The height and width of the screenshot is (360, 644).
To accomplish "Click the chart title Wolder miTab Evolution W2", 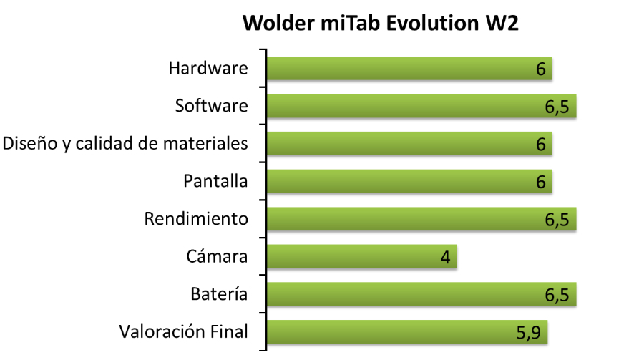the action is click(381, 23).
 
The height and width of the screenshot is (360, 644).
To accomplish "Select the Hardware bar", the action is click(409, 68).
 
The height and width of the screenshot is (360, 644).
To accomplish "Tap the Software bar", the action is click(421, 106).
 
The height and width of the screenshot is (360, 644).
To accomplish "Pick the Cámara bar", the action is click(362, 256).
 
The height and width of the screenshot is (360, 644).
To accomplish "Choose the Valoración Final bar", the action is click(407, 331).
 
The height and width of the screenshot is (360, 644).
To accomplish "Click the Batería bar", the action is click(421, 294).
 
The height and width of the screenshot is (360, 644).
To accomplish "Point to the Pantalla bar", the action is click(409, 181).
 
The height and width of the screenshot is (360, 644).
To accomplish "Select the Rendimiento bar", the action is click(421, 219).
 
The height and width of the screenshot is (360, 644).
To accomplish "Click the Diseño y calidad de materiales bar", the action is click(409, 144).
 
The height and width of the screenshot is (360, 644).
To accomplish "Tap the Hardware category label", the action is click(208, 68).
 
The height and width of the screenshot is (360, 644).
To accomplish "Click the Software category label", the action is click(212, 106).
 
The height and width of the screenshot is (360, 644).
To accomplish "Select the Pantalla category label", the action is click(215, 181).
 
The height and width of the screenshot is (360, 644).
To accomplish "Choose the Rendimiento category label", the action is click(196, 219).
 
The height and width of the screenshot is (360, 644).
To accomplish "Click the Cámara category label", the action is click(217, 256).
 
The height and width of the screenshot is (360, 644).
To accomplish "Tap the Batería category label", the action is click(220, 294).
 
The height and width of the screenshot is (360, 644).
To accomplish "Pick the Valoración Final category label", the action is click(184, 331).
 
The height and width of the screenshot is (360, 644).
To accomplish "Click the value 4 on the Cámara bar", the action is click(446, 257).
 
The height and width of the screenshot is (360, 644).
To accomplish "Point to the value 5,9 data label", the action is click(529, 333).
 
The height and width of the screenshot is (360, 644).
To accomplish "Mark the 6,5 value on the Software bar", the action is click(557, 107).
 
